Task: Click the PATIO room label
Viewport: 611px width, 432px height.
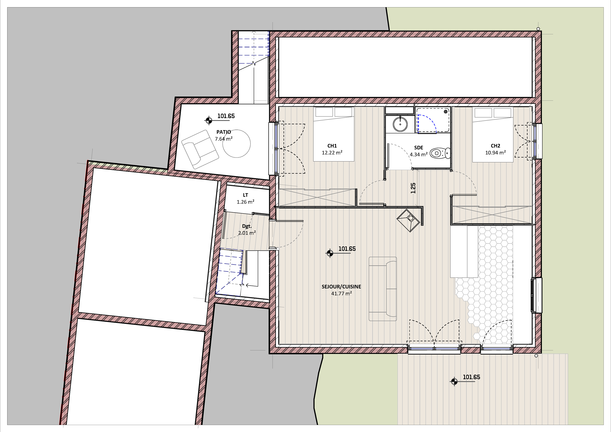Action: click(224, 132)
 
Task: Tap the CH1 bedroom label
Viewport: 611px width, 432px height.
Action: click(332, 146)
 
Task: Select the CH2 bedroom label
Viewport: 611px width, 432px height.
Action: click(495, 146)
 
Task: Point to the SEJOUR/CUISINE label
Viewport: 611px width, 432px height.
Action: click(341, 287)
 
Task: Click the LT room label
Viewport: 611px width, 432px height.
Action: click(245, 195)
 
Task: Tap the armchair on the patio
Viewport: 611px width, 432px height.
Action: click(200, 149)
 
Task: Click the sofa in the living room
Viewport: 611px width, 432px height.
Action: click(383, 289)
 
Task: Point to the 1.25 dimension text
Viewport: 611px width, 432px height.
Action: click(413, 188)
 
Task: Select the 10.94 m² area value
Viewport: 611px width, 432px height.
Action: click(495, 153)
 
